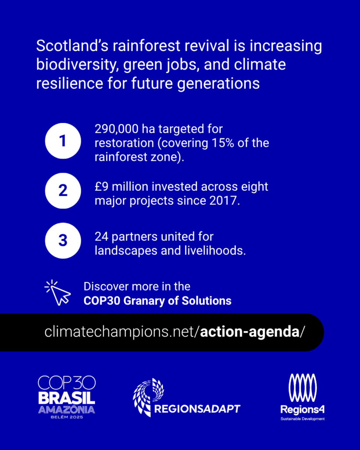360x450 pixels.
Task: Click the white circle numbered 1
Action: [63, 141]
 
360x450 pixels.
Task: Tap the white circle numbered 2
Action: [63, 191]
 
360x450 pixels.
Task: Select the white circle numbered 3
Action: [63, 240]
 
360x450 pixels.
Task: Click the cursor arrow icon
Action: [58, 293]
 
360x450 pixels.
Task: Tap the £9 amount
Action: [102, 186]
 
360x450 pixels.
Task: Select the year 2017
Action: [224, 200]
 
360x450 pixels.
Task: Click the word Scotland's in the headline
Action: [73, 46]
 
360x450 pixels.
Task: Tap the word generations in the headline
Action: [218, 84]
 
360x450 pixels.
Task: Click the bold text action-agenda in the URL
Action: [250, 332]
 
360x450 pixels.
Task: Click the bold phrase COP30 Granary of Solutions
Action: [157, 301]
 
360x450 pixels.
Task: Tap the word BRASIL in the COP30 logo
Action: [67, 398]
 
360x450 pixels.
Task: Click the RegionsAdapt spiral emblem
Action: [149, 397]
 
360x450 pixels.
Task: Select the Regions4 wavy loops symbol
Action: [302, 388]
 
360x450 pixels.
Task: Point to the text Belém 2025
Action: [67, 417]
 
